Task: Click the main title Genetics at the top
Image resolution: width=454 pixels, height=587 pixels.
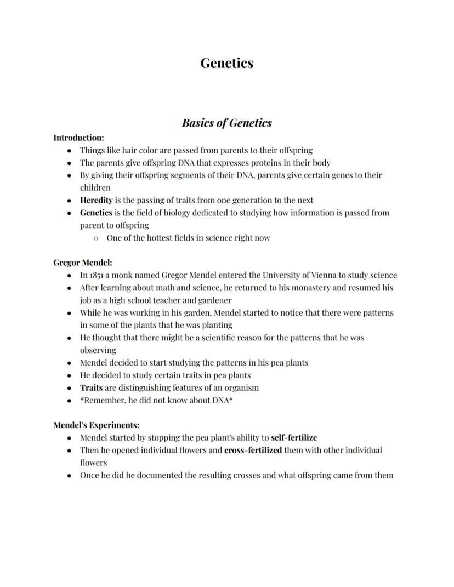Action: [x=226, y=63]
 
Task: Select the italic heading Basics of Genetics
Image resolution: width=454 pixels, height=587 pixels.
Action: [x=226, y=123]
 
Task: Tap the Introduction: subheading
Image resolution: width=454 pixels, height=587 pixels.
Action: [x=78, y=138]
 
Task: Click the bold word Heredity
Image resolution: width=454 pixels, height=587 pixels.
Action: [x=96, y=200]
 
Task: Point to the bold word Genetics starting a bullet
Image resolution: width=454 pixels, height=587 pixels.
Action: [x=96, y=213]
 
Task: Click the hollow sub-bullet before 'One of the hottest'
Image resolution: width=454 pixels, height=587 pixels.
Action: [x=96, y=238]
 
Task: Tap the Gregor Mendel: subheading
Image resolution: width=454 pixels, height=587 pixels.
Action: [x=83, y=263]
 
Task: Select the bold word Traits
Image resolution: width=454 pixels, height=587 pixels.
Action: [x=91, y=387]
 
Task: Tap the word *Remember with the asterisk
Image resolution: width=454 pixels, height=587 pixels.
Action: [x=103, y=400]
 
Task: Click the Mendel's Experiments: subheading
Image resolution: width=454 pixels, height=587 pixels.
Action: [x=96, y=425]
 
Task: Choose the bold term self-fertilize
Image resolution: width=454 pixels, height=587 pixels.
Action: [x=294, y=437]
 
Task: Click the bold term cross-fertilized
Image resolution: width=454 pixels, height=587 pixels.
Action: [x=253, y=450]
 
